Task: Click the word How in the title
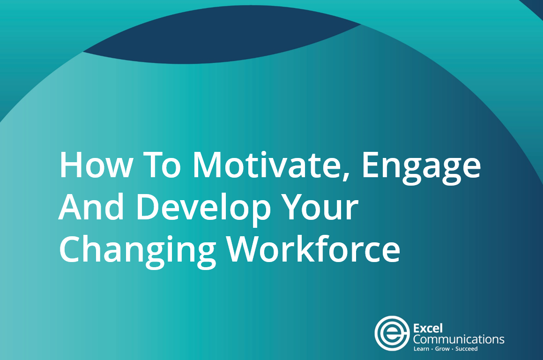(96, 165)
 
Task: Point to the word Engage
(422, 168)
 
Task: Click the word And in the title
(91, 207)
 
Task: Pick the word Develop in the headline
(203, 210)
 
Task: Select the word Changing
(137, 252)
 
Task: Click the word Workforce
(313, 248)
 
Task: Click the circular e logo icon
(392, 333)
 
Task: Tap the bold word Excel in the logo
(428, 328)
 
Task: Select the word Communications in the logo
(459, 339)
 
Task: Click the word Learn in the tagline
(421, 349)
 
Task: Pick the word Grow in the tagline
(442, 349)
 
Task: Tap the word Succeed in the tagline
(467, 349)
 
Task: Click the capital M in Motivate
(207, 165)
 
